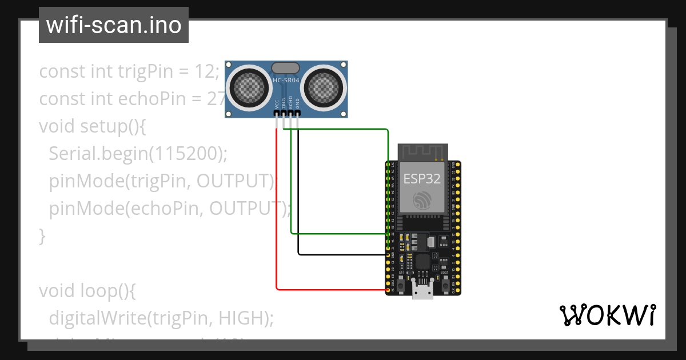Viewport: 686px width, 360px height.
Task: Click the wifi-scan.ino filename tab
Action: click(113, 25)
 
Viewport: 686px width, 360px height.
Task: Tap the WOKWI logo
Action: click(607, 315)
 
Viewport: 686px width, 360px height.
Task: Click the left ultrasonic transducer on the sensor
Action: click(248, 87)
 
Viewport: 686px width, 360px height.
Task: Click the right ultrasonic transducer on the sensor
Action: click(324, 87)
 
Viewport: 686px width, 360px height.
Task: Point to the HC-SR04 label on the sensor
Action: click(286, 81)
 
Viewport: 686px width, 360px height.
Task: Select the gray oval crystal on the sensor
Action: click(286, 68)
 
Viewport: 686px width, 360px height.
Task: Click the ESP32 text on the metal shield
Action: click(422, 179)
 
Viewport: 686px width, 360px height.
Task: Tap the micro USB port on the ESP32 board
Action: click(423, 292)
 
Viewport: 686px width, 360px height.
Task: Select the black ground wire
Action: click(298, 217)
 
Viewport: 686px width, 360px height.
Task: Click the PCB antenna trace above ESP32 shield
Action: click(422, 152)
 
